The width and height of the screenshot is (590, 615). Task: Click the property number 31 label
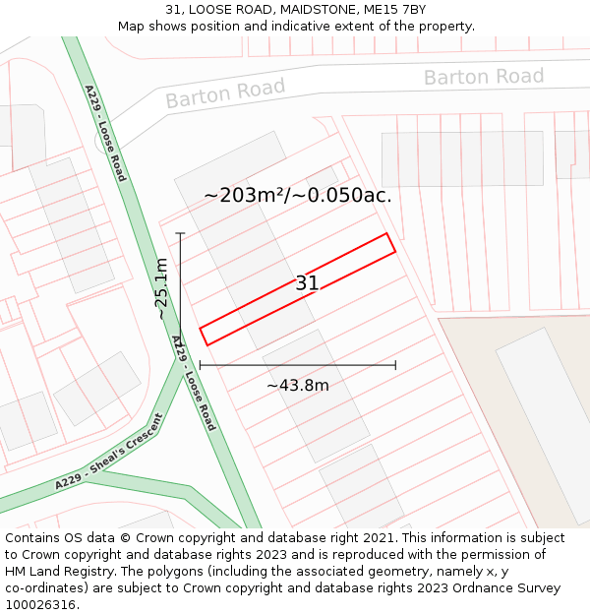tap(307, 283)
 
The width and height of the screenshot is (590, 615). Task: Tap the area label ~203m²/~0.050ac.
tap(297, 196)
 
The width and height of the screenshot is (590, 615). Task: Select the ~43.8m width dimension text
tap(297, 386)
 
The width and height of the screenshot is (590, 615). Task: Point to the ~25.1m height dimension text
tap(160, 289)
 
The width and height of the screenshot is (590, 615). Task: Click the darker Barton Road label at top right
tap(483, 77)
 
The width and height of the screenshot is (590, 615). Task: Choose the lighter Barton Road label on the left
tap(225, 93)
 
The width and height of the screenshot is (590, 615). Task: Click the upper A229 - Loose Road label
tap(105, 133)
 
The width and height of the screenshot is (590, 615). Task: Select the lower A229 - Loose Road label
tap(194, 383)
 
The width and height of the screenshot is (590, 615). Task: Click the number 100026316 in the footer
tap(40, 605)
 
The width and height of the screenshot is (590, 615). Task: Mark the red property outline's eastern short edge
tap(390, 243)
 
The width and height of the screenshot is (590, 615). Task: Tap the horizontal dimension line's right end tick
tap(395, 365)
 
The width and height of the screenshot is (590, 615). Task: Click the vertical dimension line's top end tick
tap(181, 233)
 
